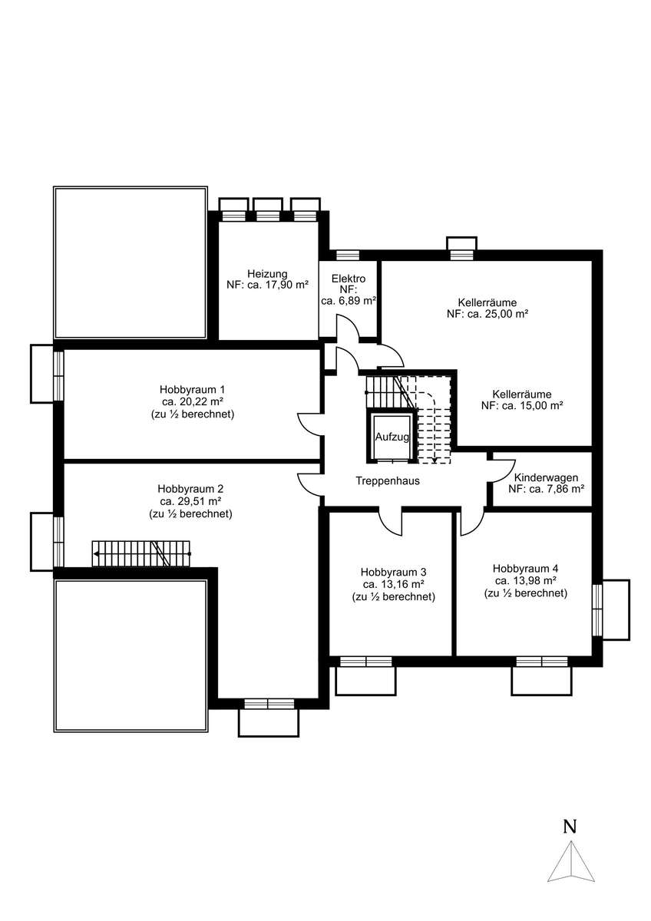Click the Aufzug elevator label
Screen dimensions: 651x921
coord(392,437)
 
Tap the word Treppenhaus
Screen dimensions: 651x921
coord(388,480)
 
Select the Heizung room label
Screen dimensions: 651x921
coord(267,273)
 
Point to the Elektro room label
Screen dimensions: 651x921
coord(349,279)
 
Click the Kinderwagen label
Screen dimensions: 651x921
coord(546,477)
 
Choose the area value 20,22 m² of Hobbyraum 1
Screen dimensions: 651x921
coord(193,401)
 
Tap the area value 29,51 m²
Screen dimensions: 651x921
coord(191,501)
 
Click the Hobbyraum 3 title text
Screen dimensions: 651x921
coord(393,572)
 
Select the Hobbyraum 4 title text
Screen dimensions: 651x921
coord(525,569)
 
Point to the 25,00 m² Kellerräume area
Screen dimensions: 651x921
coord(487,314)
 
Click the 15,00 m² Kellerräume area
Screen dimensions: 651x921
coord(522,405)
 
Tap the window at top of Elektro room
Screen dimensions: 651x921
coord(348,255)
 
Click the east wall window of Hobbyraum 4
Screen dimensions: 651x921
coord(597,609)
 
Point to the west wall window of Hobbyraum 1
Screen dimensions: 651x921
coord(59,376)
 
